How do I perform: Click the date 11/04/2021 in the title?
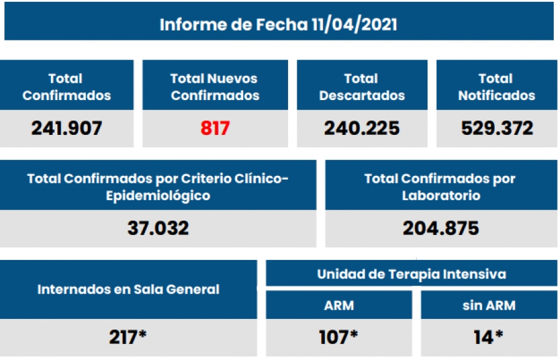[x=356, y=24]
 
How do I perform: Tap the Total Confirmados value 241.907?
[x=67, y=128]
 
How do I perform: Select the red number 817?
[x=215, y=128]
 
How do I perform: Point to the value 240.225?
[x=362, y=128]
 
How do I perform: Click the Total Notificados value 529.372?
[x=497, y=128]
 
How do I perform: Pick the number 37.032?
[x=158, y=228]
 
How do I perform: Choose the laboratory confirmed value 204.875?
[x=441, y=228]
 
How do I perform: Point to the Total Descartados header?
[x=362, y=87]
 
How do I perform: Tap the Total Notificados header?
[x=497, y=87]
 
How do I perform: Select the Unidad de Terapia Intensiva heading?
[x=411, y=274]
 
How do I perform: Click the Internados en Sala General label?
[x=128, y=289]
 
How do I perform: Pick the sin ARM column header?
[x=488, y=305]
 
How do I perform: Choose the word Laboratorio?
[x=440, y=195]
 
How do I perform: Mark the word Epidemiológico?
[x=158, y=195]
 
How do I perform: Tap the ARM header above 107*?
[x=338, y=305]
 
